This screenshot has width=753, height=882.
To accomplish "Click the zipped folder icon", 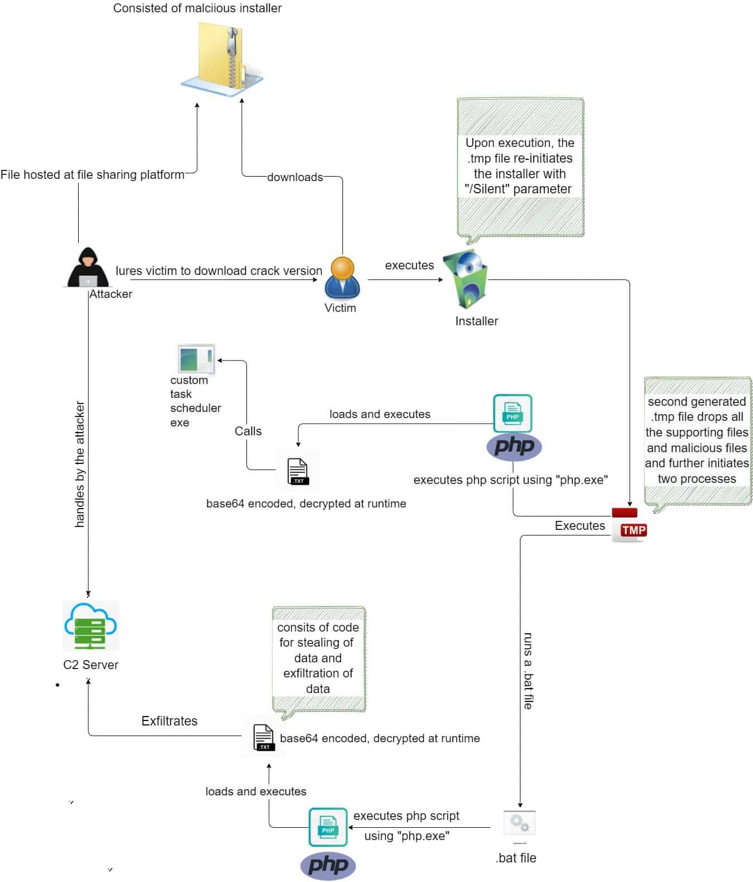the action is click(222, 59).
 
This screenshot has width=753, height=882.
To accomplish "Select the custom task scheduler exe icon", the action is click(196, 359).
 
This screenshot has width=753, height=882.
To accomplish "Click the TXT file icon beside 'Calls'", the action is click(297, 470).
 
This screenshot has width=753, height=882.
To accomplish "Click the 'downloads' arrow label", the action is click(294, 177).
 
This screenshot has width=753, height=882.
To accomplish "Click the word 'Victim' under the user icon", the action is click(340, 307).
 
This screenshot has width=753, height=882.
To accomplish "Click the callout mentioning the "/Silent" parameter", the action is click(520, 167).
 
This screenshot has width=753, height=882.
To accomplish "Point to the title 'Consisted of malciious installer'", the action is click(197, 8).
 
